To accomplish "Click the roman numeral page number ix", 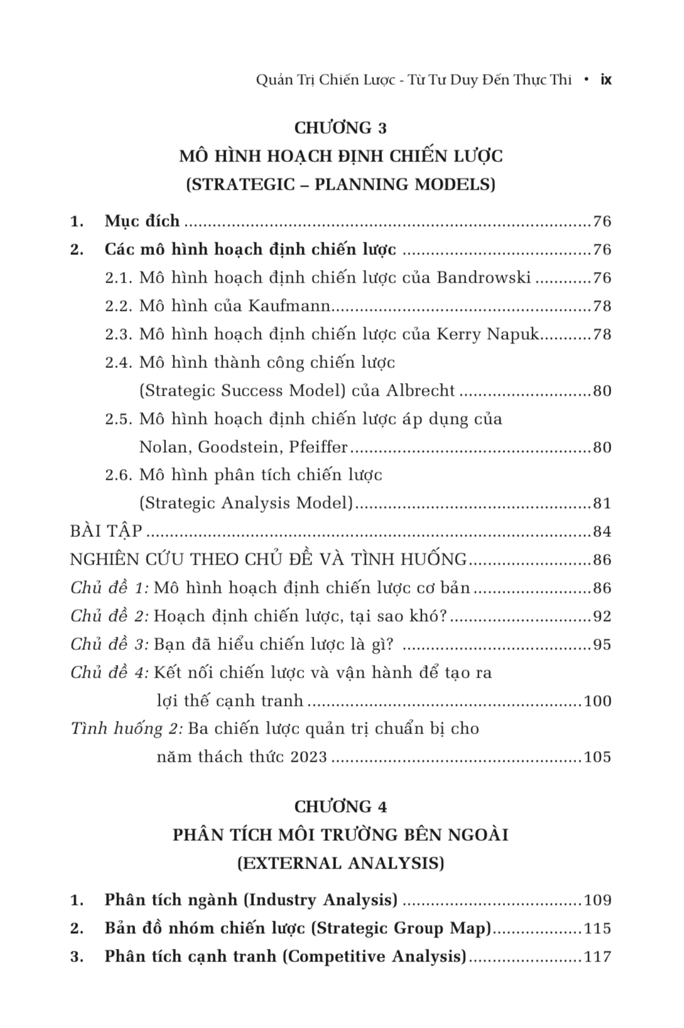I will point(606,80).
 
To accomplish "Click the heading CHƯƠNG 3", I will point(341,128).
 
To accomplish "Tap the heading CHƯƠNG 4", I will point(341,806).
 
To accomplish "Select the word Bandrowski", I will point(484,278).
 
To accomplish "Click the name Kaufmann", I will point(290,306).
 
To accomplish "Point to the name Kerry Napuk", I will point(488,334).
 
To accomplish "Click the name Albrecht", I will point(420,391).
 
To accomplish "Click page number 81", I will point(602,504).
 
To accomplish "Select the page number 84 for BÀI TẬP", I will point(602,532).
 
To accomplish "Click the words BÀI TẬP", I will point(106,531).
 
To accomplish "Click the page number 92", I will point(602,617).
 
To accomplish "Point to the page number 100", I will point(597,701).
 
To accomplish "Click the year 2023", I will point(308,757).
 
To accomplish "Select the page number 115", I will point(597,929).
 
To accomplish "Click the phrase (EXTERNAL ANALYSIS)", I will point(341,863).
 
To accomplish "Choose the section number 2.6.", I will point(119,475).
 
